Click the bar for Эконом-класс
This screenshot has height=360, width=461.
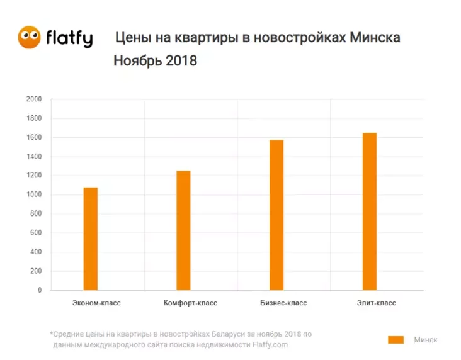click(x=91, y=239)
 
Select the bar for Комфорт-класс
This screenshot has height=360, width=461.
click(x=183, y=230)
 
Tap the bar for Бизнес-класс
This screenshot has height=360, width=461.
click(x=276, y=215)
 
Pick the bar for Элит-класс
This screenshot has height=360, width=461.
click(x=369, y=211)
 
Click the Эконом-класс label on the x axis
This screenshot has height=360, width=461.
click(x=96, y=303)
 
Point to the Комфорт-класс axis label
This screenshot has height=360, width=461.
click(x=190, y=303)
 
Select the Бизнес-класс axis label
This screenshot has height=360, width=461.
click(x=283, y=303)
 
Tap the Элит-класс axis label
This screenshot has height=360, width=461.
click(x=376, y=303)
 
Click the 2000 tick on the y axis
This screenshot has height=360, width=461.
click(x=34, y=99)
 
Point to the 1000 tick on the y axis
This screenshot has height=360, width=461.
click(x=34, y=195)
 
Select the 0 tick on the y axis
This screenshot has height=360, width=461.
click(x=39, y=291)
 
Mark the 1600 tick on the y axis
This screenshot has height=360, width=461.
click(x=34, y=138)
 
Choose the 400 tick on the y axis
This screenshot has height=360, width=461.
click(x=36, y=252)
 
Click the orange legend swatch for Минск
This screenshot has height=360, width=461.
click(x=396, y=340)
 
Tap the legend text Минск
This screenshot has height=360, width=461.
click(x=425, y=340)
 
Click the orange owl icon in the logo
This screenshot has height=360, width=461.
click(x=29, y=37)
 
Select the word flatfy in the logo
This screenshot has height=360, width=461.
click(x=69, y=38)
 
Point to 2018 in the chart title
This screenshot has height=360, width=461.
click(x=181, y=61)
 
